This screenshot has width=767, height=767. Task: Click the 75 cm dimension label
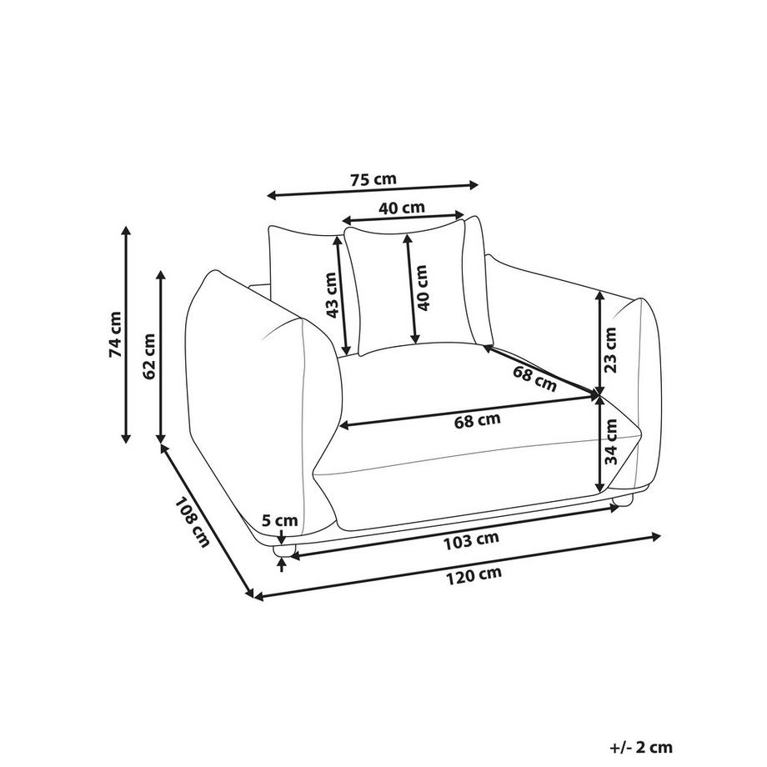[x=373, y=179]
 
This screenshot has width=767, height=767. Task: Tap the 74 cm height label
[x=115, y=334]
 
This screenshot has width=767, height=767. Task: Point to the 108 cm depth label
[x=192, y=522]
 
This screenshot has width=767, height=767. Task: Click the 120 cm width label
[x=474, y=575]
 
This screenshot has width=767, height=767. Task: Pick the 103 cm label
[x=471, y=540]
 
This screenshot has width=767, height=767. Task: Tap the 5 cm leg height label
[x=280, y=520]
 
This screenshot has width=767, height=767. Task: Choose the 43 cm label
[x=332, y=295]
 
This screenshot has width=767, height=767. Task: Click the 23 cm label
[x=610, y=350]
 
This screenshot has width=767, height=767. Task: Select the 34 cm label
[x=610, y=442]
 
